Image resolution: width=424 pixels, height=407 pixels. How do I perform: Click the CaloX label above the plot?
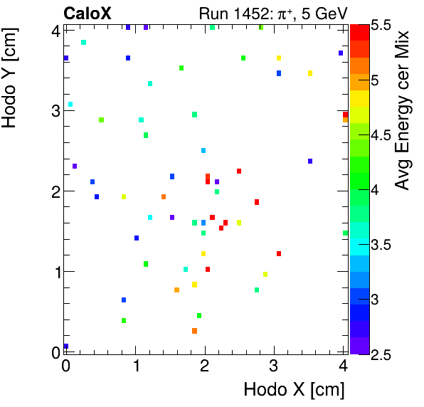tap(87, 13)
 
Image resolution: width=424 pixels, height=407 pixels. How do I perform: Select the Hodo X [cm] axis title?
tap(294, 389)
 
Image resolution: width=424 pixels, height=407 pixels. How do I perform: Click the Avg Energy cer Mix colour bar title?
tap(403, 110)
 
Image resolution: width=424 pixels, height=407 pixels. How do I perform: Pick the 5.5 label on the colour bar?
tap(381, 25)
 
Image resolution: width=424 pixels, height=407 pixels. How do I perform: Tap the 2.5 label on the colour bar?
tap(381, 354)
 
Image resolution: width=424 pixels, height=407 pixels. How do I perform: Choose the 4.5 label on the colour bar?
tap(381, 134)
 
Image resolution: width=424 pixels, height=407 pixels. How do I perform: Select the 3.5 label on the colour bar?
tap(381, 244)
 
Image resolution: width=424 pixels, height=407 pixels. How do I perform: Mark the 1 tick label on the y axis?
tap(53, 271)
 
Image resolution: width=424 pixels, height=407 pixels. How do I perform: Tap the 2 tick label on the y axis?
tap(53, 191)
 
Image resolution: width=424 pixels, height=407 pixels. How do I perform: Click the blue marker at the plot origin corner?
tap(66, 347)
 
